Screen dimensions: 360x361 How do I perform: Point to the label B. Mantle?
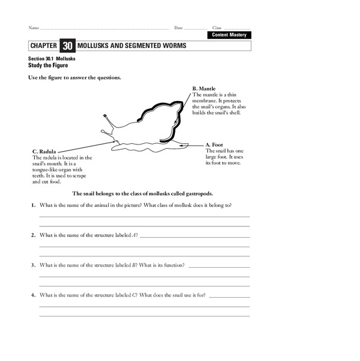(x=204, y=89)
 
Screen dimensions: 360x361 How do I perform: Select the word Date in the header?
(x=178, y=28)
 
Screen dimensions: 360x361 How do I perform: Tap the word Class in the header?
(x=217, y=28)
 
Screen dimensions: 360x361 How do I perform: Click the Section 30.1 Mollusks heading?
(x=51, y=58)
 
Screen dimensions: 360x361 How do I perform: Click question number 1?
(x=33, y=206)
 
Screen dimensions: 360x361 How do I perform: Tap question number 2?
(x=33, y=235)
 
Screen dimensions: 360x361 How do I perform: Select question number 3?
(x=33, y=265)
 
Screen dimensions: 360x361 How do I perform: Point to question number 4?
(x=33, y=295)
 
